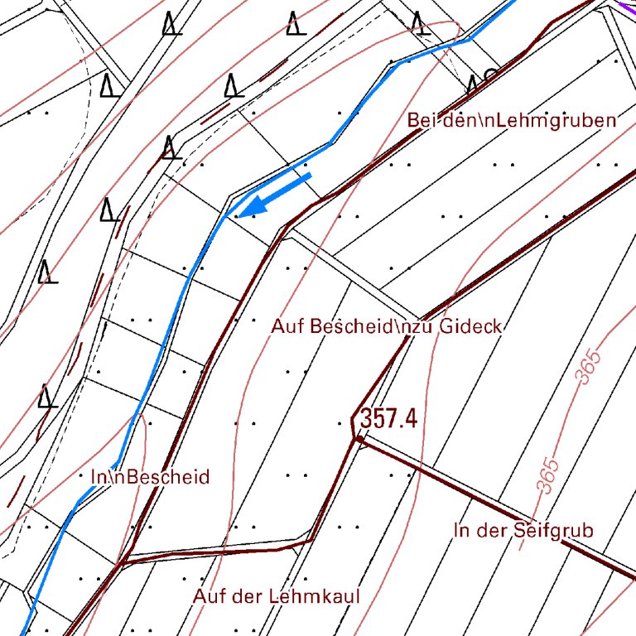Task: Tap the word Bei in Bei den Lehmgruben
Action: click(420, 120)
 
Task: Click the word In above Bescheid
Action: click(97, 477)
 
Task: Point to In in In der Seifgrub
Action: click(461, 530)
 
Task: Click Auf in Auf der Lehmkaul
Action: click(208, 595)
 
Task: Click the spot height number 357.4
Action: click(388, 419)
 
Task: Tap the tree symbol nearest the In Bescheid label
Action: click(48, 396)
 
